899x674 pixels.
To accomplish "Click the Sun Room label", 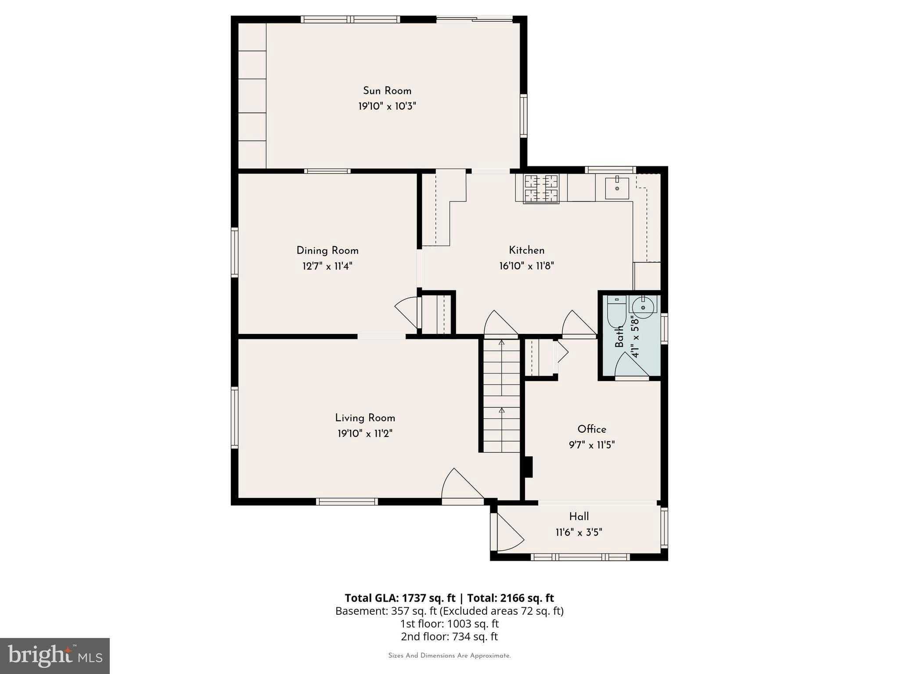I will (x=387, y=91).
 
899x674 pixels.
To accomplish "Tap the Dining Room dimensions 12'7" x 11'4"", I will (x=327, y=266).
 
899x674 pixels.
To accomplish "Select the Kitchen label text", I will (x=526, y=250).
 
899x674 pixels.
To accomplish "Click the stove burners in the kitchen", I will (x=541, y=189).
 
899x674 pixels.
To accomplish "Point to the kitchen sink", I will (x=617, y=188).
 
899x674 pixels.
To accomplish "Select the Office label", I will (x=591, y=429).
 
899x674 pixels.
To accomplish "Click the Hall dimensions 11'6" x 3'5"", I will (x=579, y=532).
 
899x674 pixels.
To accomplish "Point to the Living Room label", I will (x=365, y=418).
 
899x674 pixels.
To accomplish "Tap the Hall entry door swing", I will (x=508, y=533).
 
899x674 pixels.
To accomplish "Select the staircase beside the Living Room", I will (x=501, y=395).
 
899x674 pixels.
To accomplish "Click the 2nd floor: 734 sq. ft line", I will (x=449, y=636).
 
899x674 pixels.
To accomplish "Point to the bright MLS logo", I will (x=54, y=656).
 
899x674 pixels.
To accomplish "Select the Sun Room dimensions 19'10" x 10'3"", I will (x=387, y=106).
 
